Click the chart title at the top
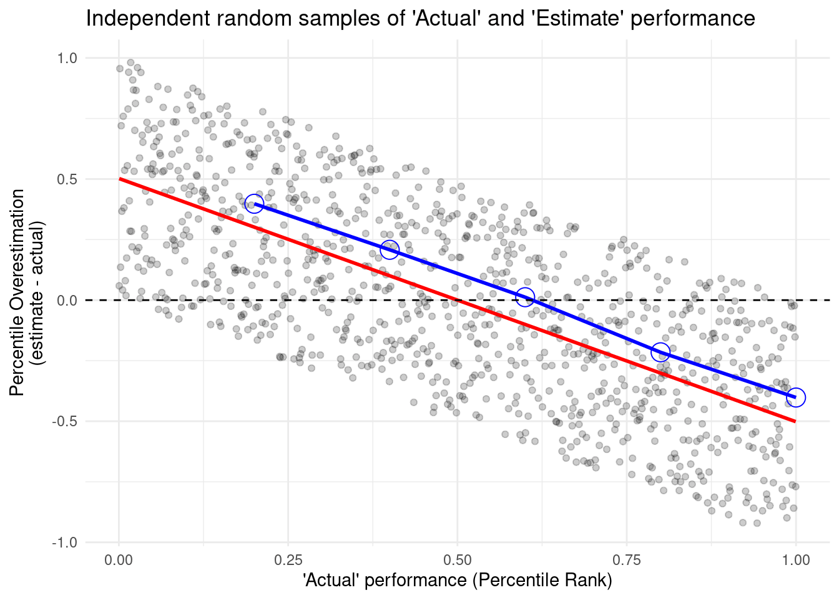[x=420, y=18]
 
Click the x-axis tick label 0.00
[x=119, y=559]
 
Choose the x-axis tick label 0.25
[x=288, y=559]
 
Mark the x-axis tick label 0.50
[x=457, y=559]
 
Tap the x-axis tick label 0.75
[x=626, y=559]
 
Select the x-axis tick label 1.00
[x=795, y=559]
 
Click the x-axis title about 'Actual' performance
[x=457, y=581]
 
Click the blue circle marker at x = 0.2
[x=254, y=204]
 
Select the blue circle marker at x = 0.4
[x=390, y=250]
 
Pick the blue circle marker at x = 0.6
[x=525, y=297]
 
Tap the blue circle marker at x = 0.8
[x=660, y=352]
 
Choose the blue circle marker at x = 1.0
[x=795, y=397]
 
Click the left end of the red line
[x=120, y=179]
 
